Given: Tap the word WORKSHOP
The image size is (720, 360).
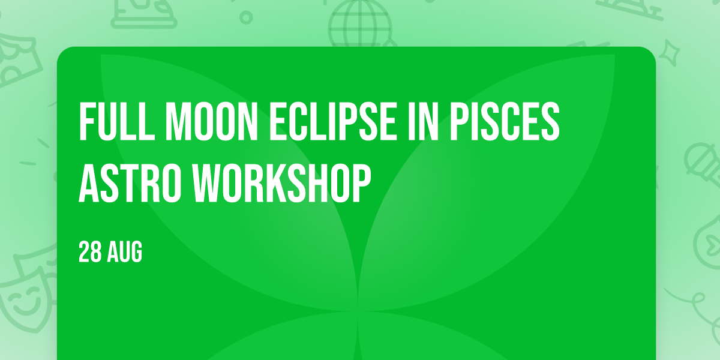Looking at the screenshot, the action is (x=282, y=183).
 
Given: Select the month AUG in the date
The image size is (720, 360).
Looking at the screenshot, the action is (x=124, y=252).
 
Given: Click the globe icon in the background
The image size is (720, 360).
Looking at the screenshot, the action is (x=360, y=24).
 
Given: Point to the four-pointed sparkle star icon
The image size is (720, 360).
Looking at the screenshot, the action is (x=669, y=52).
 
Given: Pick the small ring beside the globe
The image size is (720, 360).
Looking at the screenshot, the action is (x=246, y=17).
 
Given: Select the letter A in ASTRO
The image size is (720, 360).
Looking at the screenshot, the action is (x=89, y=183).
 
